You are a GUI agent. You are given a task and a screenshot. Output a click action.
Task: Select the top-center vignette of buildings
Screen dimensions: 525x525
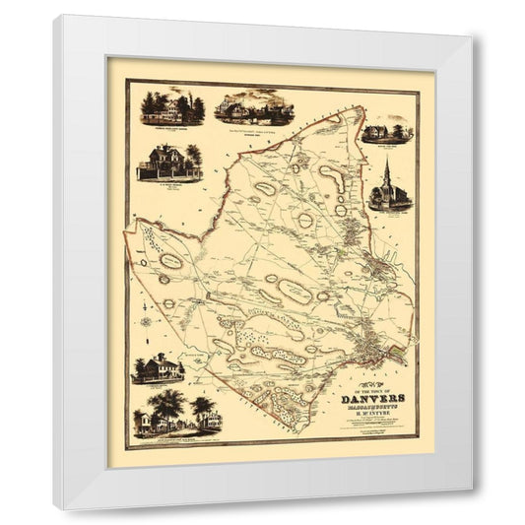(x=254, y=108)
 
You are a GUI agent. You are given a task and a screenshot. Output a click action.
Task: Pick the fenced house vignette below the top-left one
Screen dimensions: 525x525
(x=171, y=163)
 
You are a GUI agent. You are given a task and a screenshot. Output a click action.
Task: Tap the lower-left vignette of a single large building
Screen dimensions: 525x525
(x=158, y=368)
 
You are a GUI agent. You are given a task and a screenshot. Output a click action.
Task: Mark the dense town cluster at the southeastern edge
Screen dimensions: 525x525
(x=372, y=345)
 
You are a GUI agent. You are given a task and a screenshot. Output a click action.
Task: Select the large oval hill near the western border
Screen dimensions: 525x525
(x=170, y=261)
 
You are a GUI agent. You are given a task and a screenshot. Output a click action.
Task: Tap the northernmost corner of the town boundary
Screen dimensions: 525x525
(x=361, y=107)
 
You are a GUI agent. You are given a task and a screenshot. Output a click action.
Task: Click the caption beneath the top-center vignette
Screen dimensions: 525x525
(x=254, y=129)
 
